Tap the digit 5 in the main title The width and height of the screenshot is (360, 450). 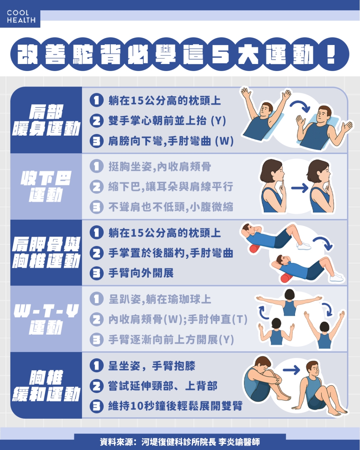click(220, 55)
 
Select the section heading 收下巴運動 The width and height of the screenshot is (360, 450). click(46, 187)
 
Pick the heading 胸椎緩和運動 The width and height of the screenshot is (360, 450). click(46, 386)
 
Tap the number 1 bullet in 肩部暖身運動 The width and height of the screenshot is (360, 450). click(96, 101)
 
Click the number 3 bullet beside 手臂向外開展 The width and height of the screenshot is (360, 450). click(96, 273)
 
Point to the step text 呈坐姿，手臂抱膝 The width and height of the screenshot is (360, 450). click(152, 366)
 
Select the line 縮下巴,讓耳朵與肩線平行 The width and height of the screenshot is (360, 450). click(171, 187)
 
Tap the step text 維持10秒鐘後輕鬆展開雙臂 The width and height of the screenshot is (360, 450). click(175, 406)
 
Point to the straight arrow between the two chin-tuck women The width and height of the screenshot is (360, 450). click(299, 188)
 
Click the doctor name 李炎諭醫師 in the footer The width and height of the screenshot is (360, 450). click(239, 442)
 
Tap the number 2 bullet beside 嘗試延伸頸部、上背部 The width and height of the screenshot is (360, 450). click(96, 386)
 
